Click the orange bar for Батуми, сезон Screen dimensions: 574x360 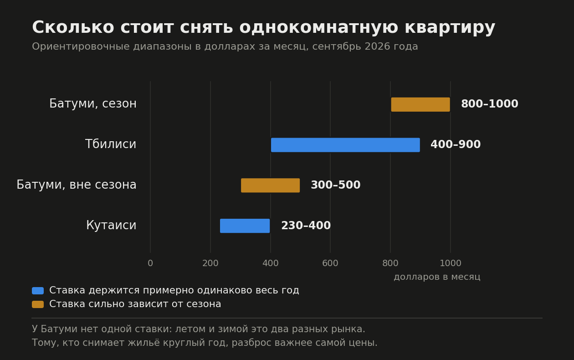pos(420,105)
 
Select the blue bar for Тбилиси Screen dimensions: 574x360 pos(345,145)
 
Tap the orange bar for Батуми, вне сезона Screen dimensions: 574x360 pos(270,185)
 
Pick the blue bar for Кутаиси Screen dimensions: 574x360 pos(245,226)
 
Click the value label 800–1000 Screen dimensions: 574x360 pos(489,104)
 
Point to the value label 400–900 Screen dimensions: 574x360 pos(456,144)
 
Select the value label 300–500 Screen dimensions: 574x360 pos(335,185)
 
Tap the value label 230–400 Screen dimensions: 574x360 pos(306,226)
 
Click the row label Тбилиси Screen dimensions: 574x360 pos(110,144)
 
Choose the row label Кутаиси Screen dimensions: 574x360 pos(111,225)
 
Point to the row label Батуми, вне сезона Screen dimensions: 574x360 pos(77,185)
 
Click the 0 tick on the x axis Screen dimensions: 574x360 pos(150,263)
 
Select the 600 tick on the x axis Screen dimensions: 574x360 pos(330,263)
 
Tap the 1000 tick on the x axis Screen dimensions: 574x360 pos(451,263)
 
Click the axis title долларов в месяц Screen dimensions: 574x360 pos(437,277)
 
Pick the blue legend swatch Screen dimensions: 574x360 pos(38,291)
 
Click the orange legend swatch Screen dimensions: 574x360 pos(38,304)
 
